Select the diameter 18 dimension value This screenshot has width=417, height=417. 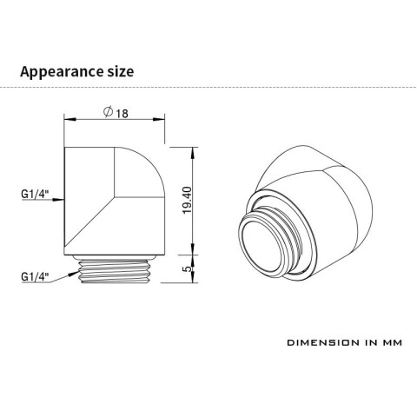pos(121,115)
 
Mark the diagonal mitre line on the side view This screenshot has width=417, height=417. pos(96,217)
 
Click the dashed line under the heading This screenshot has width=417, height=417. pos(208,88)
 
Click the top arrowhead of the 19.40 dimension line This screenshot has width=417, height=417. pos(190,149)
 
